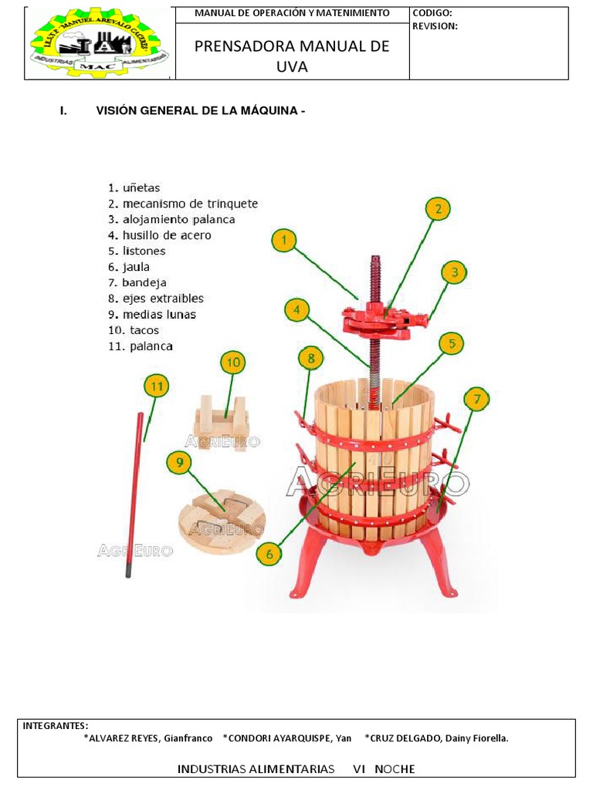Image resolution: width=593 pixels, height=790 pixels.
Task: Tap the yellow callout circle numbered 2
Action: (x=438, y=209)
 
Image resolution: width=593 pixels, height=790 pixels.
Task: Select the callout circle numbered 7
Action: (x=477, y=400)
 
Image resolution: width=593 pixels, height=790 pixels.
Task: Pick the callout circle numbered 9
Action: (x=179, y=463)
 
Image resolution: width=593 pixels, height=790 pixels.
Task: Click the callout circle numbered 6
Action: (x=269, y=553)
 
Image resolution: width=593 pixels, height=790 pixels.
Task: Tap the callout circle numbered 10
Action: (x=232, y=362)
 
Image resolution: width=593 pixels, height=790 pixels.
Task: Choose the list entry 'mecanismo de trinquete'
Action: (x=183, y=204)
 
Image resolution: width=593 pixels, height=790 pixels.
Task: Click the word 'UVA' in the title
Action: (x=292, y=67)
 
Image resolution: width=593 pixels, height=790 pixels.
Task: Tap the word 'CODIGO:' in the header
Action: (x=432, y=13)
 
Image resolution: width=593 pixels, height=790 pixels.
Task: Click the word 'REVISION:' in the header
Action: (x=435, y=25)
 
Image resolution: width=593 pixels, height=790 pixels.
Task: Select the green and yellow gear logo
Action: (x=100, y=43)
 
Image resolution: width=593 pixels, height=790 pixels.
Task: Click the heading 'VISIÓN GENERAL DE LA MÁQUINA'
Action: (x=201, y=111)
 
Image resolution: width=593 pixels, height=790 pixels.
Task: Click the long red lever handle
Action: (x=135, y=494)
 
